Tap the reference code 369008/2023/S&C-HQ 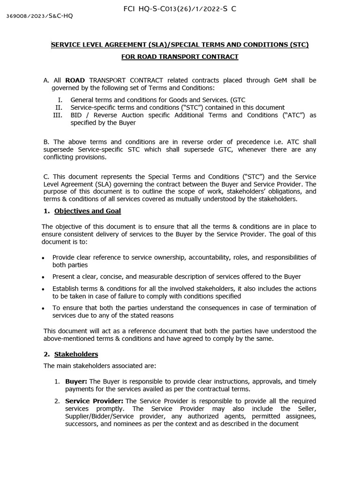pos(39,16)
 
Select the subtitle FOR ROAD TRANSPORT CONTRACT pos(180,57)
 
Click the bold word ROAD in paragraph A pos(75,80)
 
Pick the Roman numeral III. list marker pos(58,115)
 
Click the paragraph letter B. pos(46,142)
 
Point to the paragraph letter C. pos(46,177)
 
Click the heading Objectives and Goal pos(87,211)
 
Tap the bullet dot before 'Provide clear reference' pos(44,258)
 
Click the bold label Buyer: pos(76,381)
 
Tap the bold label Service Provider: pos(94,401)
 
